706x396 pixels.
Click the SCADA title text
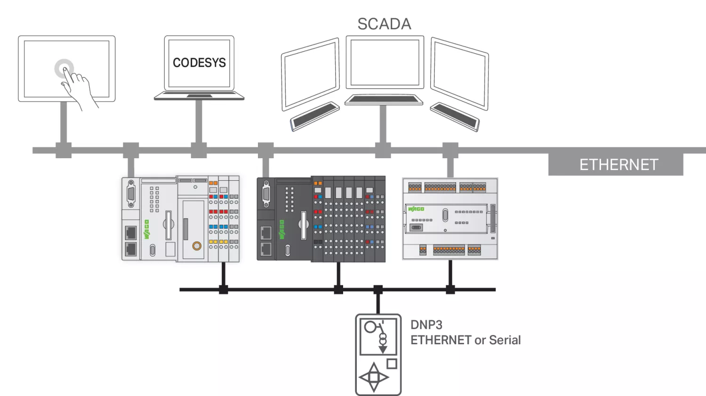coord(384,24)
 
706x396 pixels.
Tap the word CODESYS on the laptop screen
coord(199,63)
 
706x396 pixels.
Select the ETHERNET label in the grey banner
coord(618,165)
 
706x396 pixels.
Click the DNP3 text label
coord(426,325)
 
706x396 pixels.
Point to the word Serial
coord(505,340)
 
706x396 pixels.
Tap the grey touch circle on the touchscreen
coord(64,68)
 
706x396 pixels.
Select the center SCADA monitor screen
coord(385,62)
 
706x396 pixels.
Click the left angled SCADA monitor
coord(310,74)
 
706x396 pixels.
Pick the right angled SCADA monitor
coord(459,74)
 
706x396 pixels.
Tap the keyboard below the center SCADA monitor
coord(384,99)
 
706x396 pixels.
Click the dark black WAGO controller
coord(321,219)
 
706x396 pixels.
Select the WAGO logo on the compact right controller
coord(416,209)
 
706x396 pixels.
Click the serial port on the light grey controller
coord(131,194)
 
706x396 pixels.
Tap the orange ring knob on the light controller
coord(197,245)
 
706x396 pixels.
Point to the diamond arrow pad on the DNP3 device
coord(374,377)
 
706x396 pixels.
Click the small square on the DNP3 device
coord(392,364)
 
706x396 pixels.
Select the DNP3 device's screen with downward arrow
coord(378,336)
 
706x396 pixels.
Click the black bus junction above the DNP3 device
coord(378,290)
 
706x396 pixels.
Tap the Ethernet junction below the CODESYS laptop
coord(199,150)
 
